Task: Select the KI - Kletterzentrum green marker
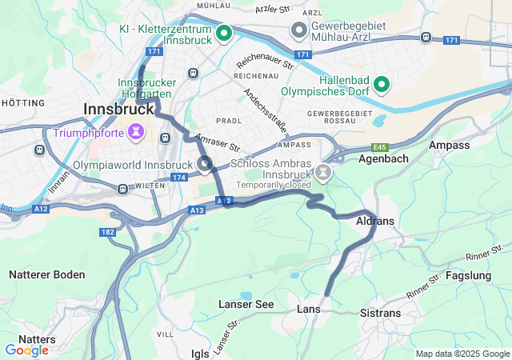(x=225, y=33)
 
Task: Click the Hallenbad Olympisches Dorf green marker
(x=382, y=83)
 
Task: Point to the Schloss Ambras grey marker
(x=322, y=171)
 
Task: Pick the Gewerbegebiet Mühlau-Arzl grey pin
(x=300, y=31)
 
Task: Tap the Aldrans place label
(x=374, y=220)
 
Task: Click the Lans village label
(x=308, y=309)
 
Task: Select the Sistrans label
(x=381, y=313)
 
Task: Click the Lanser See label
(x=246, y=304)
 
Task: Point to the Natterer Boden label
(x=46, y=274)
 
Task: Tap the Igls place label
(x=200, y=353)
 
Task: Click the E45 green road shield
(x=379, y=147)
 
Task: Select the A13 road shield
(x=198, y=210)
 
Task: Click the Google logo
(x=26, y=350)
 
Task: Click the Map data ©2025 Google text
(x=462, y=354)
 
